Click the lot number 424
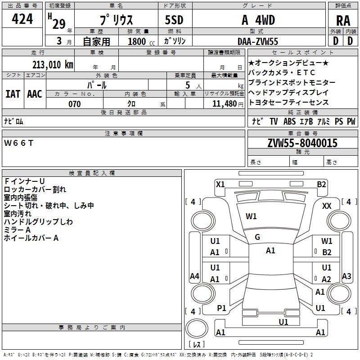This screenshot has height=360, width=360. pos(22,19)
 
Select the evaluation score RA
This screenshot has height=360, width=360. pos(343,21)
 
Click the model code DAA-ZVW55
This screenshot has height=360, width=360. pos(258,41)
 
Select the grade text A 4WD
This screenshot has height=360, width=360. pos(258,20)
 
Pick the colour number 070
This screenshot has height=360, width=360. pos(74,104)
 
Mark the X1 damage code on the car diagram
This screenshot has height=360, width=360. pos(220,184)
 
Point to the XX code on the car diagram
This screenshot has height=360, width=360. pos(327,206)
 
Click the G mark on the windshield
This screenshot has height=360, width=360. pos(257,237)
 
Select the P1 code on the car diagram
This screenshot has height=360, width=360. pos(221,308)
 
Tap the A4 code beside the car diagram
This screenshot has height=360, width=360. pos(194,276)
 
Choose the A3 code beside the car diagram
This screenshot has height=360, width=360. pos(346,276)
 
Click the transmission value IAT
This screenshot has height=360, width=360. pos(13,94)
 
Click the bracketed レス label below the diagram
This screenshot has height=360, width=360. pos(196,344)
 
